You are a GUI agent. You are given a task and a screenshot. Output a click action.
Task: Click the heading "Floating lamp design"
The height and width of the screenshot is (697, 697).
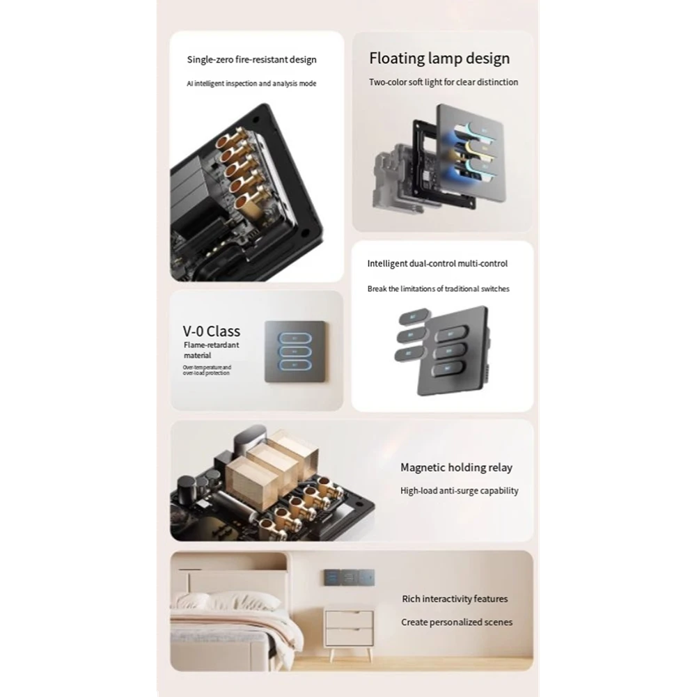(x=439, y=58)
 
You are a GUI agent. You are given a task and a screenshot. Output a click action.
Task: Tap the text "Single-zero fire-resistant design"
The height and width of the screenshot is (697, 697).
(x=251, y=60)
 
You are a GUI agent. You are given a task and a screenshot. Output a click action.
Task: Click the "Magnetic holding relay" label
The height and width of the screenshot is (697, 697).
(x=456, y=468)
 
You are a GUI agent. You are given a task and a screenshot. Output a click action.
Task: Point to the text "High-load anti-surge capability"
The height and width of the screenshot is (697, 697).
(x=459, y=491)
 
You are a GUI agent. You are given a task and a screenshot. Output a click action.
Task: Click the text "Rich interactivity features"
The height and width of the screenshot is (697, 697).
(x=455, y=599)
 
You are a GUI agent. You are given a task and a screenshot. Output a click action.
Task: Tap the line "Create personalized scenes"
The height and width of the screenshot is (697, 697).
(x=456, y=622)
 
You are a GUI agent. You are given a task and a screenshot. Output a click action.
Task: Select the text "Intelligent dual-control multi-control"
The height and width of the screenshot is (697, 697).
(x=437, y=263)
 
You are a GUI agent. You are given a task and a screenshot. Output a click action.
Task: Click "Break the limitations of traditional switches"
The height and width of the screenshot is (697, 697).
(x=438, y=288)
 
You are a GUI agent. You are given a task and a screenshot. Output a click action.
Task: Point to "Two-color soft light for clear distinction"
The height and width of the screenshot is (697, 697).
(x=443, y=82)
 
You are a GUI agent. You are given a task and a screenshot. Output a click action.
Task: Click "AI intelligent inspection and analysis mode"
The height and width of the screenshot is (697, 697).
(x=251, y=84)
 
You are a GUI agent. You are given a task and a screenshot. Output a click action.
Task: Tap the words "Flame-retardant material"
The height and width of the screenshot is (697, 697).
(x=202, y=350)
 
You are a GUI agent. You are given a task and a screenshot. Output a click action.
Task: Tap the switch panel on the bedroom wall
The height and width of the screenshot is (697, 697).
(x=348, y=577)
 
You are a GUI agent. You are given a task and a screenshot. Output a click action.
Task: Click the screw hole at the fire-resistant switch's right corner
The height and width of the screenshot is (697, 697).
(x=305, y=229)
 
